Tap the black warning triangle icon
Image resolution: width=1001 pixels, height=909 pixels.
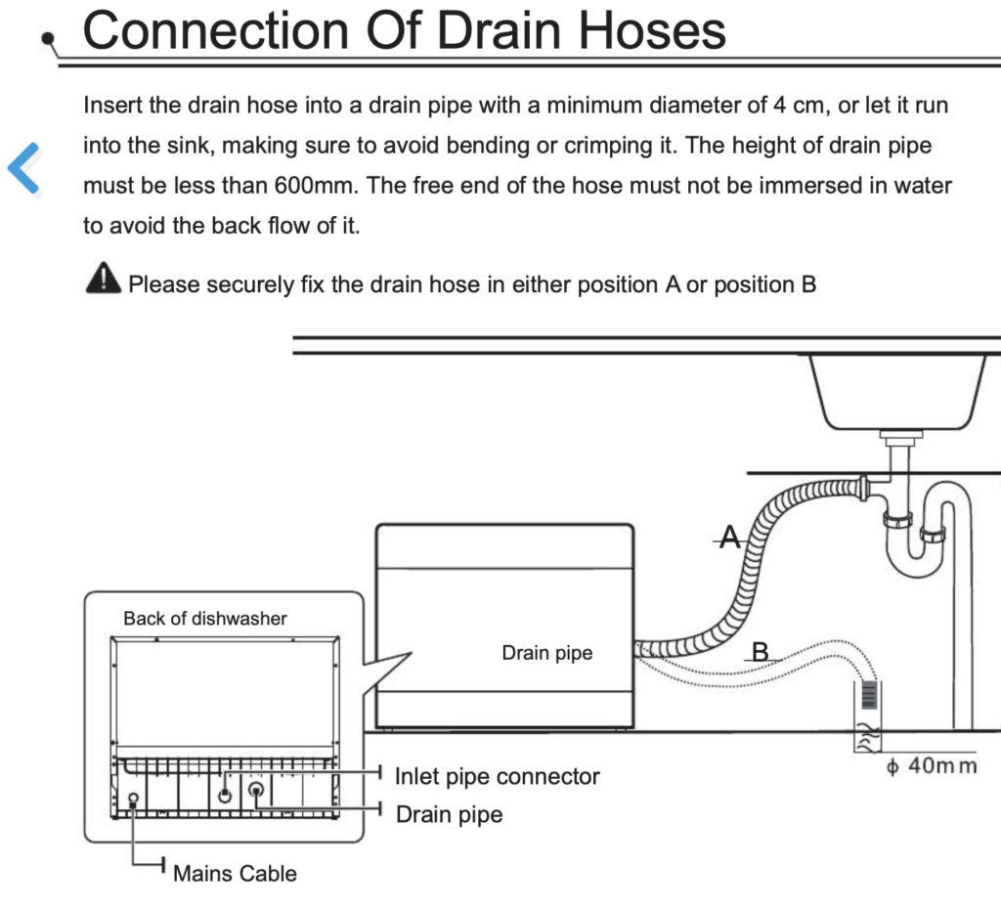104,280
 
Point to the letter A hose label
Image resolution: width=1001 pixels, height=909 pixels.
729,536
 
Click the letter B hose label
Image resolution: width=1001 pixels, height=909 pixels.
760,651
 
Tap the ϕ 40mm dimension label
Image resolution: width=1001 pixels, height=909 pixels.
931,765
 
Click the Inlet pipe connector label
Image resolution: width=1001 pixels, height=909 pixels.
497,777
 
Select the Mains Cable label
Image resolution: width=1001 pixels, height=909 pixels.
235,873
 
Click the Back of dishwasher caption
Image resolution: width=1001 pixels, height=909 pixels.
205,618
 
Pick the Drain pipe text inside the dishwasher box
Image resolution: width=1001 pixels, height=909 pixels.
546,653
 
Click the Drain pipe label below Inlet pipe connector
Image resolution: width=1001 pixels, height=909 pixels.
449,814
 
